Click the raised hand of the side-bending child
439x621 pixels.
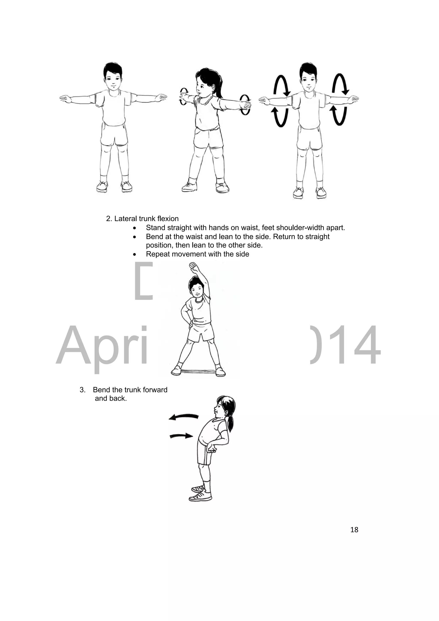pos(194,268)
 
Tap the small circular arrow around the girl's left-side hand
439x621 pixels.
pos(184,96)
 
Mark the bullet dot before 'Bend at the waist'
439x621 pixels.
pos(135,237)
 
